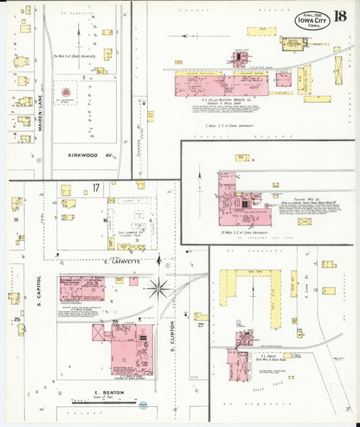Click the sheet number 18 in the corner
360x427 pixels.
click(x=339, y=18)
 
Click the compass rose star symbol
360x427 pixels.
click(x=160, y=288)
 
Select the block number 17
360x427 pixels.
click(x=96, y=187)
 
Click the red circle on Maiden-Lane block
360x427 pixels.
click(x=66, y=91)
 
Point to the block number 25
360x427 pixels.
click(x=16, y=319)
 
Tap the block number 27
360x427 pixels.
click(x=201, y=325)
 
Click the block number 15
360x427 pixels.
click(x=16, y=220)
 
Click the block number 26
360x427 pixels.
click(x=115, y=322)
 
